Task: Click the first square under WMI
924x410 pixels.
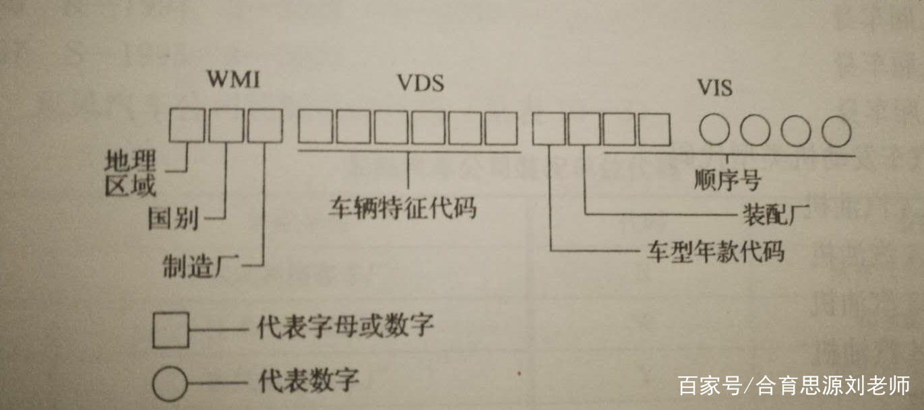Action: coord(187,125)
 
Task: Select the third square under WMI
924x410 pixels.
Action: coord(265,125)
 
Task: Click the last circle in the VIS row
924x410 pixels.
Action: coord(836,131)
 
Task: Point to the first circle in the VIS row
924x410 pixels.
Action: coord(714,131)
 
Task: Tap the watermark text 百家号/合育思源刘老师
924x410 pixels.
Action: coord(793,386)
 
